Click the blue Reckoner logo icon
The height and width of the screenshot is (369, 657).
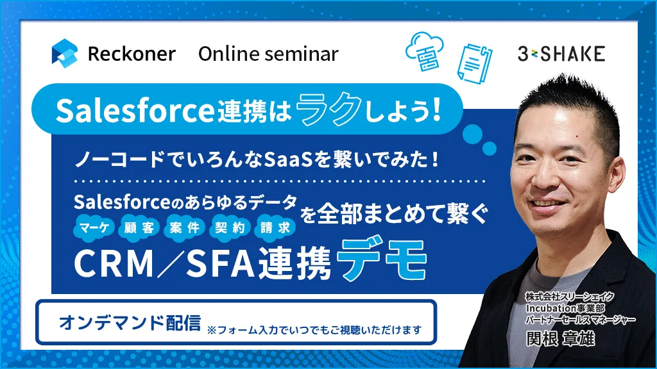coord(65,53)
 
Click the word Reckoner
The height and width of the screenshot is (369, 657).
coord(132,54)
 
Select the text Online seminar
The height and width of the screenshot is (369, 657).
coord(268,54)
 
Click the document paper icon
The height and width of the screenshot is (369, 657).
coord(475,63)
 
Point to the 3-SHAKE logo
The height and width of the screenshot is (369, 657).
coord(561,54)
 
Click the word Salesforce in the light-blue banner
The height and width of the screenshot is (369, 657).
coord(135,111)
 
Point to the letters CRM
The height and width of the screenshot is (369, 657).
coord(114,263)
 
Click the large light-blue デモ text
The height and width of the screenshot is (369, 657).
coord(381,259)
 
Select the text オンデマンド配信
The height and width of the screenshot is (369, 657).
coord(130,323)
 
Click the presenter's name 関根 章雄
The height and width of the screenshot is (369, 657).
coord(560,338)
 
